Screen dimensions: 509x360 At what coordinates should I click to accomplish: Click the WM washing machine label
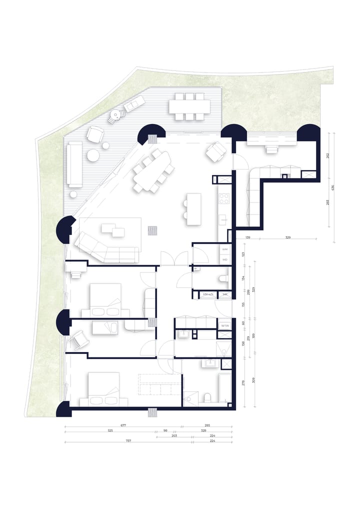[225, 248]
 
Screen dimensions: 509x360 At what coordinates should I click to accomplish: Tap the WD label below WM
[225, 259]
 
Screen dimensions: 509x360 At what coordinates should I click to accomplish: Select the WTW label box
[225, 326]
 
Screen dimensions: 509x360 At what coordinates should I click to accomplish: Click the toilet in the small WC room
[223, 278]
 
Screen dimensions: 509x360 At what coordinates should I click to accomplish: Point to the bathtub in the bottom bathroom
[224, 388]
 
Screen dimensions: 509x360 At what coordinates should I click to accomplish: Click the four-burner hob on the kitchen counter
[224, 198]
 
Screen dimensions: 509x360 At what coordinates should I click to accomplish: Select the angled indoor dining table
[152, 170]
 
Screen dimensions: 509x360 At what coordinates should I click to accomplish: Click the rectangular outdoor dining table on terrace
[189, 106]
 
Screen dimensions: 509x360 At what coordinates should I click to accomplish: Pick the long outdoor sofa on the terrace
[74, 163]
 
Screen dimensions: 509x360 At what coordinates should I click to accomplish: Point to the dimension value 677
[123, 425]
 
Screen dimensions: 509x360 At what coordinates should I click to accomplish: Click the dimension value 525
[109, 430]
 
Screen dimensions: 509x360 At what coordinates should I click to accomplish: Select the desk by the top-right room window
[272, 148]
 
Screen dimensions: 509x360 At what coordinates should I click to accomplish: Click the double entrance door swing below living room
[174, 259]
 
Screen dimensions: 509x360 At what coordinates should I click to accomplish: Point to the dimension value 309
[254, 380]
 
